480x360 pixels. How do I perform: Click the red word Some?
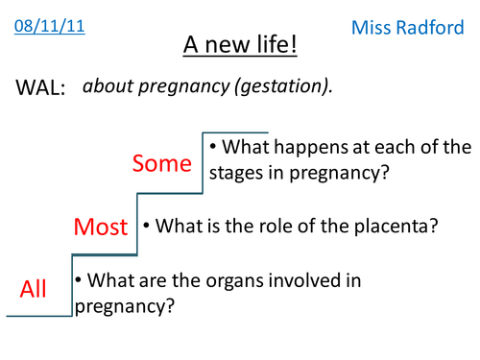(x=161, y=163)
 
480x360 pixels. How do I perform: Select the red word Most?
(x=101, y=228)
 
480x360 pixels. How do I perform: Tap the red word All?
(x=34, y=288)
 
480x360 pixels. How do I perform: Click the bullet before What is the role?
(x=147, y=227)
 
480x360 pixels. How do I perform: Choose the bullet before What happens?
(x=213, y=147)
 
